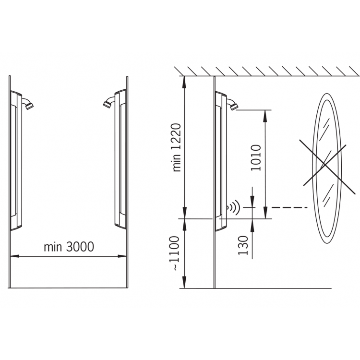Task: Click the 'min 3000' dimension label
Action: (x=69, y=247)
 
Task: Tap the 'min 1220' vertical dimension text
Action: (x=177, y=148)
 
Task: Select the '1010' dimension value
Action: (x=256, y=158)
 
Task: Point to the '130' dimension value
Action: (x=243, y=245)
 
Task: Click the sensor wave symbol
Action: (x=233, y=208)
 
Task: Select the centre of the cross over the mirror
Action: (x=324, y=164)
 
